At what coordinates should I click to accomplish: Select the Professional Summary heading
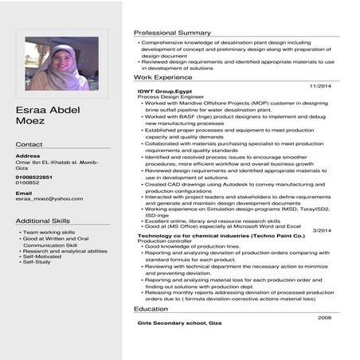pos(172,33)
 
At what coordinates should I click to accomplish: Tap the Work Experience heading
pos(162,77)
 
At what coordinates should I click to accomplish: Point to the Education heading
pos(151,308)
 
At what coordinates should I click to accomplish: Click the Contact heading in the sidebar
pos(29,144)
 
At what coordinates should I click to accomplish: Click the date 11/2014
pos(319,85)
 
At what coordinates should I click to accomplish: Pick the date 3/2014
pos(322,229)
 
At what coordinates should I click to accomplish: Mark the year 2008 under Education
pos(324,317)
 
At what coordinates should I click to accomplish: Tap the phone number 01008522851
pos(34,176)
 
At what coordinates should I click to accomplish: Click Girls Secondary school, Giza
pos(179,324)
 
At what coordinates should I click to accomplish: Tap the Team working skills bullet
pos(49,232)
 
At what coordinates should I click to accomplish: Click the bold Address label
pos(28,155)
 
